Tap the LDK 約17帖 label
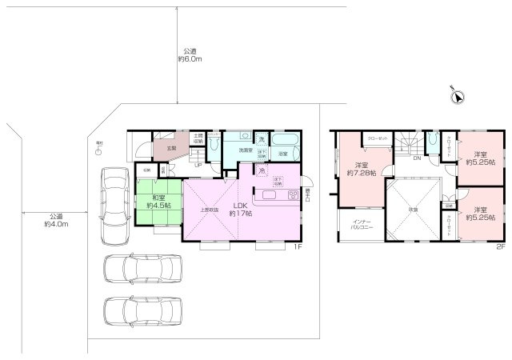(x=241, y=210)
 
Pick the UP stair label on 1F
(x=198, y=166)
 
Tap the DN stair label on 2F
(x=417, y=158)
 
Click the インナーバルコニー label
(x=358, y=224)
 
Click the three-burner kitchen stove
(x=293, y=195)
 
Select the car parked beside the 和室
(x=114, y=206)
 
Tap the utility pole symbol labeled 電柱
(x=99, y=150)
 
